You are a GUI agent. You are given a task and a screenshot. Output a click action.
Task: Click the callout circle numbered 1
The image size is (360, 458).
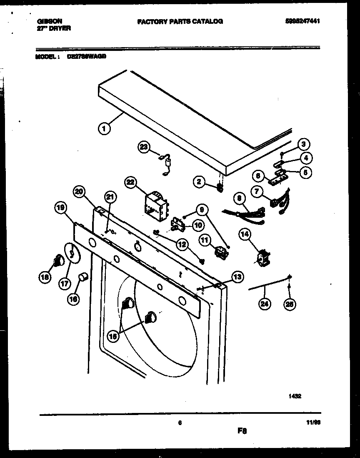[105, 129]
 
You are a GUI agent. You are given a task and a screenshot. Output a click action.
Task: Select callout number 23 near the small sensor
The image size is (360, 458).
[143, 147]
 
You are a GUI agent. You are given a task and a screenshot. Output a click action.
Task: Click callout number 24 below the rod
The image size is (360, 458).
[264, 304]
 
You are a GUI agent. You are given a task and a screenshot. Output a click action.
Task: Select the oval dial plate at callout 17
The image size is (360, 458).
[71, 253]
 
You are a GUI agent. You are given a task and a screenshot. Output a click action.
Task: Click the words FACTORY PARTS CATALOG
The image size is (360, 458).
[180, 21]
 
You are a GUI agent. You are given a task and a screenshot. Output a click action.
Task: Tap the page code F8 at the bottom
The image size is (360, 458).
[242, 431]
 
